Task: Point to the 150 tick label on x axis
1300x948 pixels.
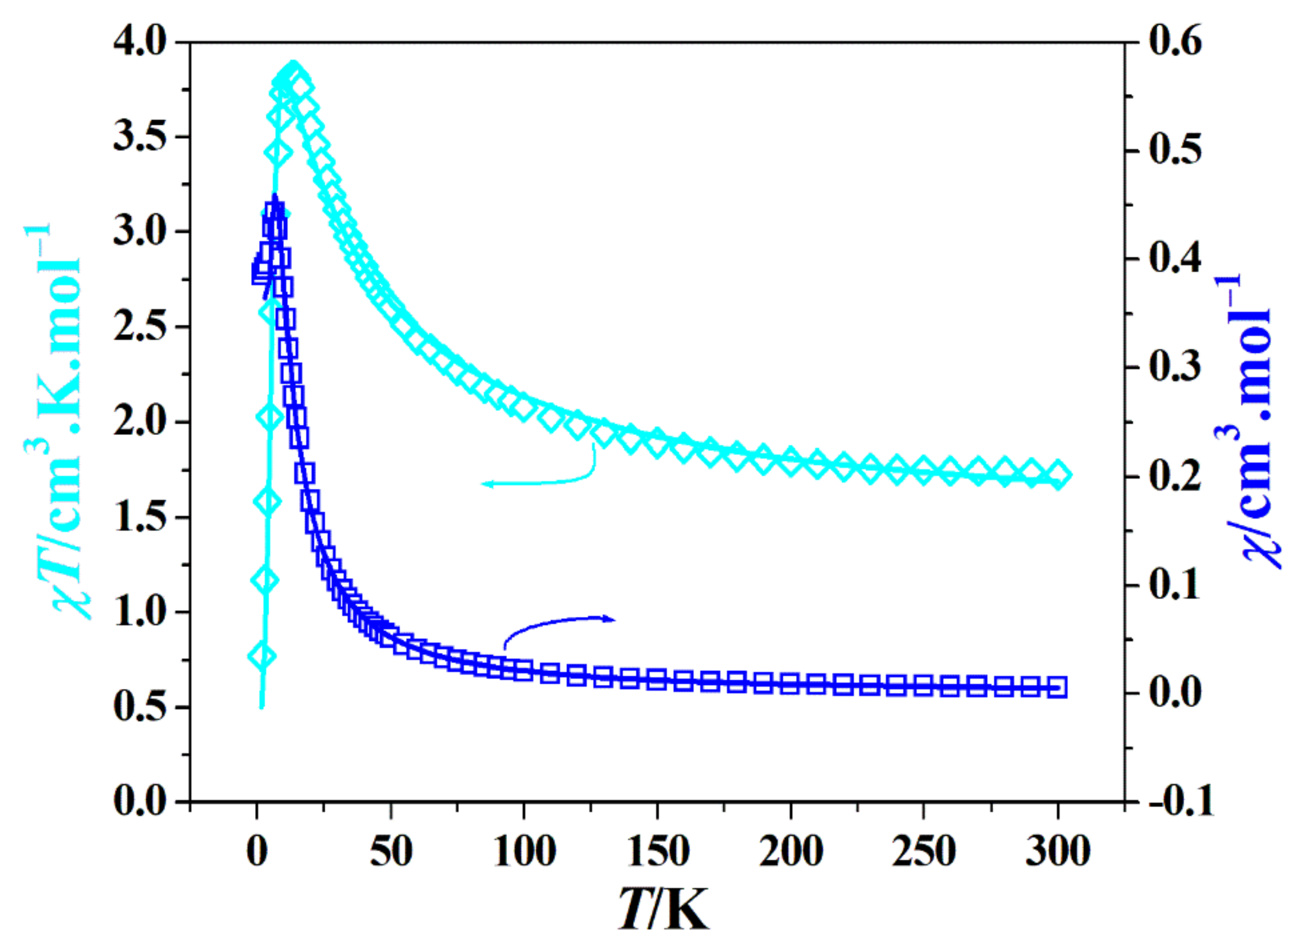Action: [657, 851]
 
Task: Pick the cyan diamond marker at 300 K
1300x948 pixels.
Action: [1057, 474]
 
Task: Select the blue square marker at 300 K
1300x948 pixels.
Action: [1057, 687]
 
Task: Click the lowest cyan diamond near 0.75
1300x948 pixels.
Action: [261, 656]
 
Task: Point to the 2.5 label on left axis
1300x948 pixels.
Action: [140, 327]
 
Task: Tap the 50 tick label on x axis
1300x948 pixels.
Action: [391, 851]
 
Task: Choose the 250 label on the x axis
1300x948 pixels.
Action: [923, 851]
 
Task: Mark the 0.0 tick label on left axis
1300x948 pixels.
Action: [140, 801]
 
